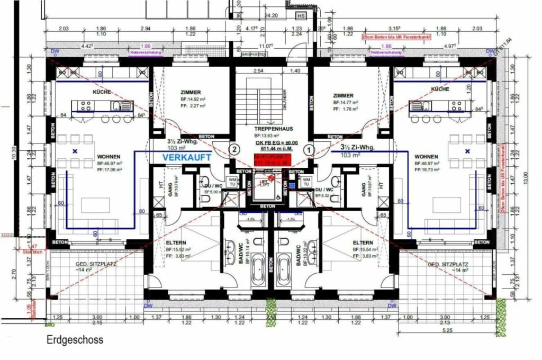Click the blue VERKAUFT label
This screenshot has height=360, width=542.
[186, 158]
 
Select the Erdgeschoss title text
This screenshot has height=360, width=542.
[74, 340]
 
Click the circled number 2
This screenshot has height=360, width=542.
[234, 150]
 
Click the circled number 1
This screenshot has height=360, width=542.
[310, 150]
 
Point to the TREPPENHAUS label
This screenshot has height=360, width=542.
[270, 129]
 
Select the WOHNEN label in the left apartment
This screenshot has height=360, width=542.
[109, 157]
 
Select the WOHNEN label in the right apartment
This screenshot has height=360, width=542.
[427, 157]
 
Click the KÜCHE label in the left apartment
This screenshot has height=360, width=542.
[102, 92]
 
